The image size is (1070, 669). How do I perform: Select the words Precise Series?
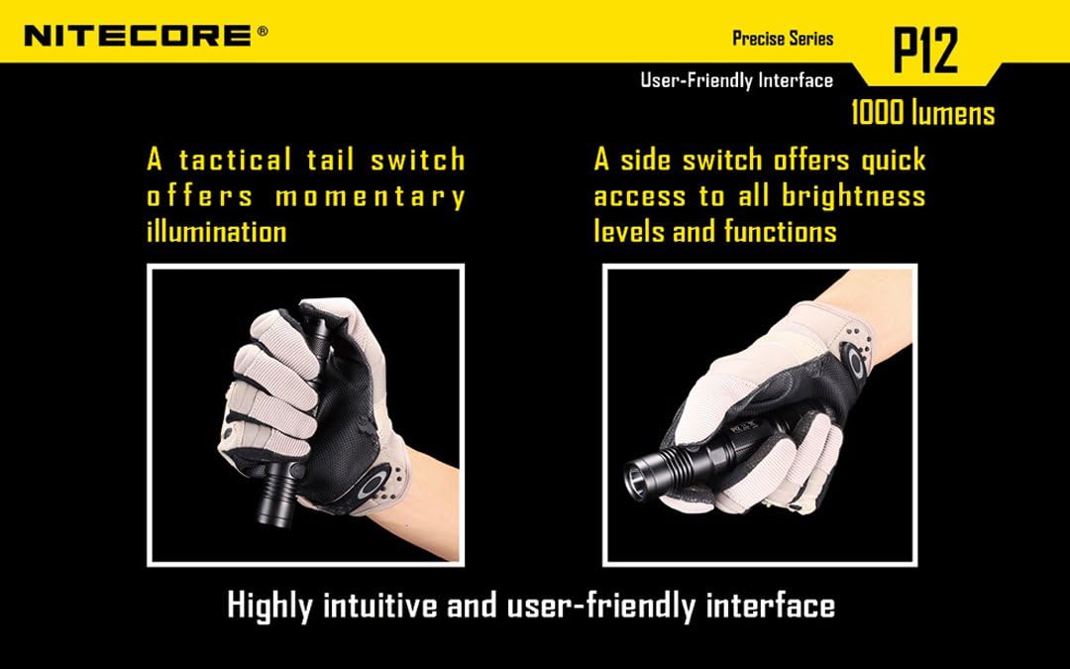tap(783, 39)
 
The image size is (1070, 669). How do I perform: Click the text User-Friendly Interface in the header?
tap(736, 80)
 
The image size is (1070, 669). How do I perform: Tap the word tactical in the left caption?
tap(236, 160)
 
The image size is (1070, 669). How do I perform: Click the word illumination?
tap(216, 232)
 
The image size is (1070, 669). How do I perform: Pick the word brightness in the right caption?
tap(853, 195)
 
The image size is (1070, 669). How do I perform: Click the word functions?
tap(780, 232)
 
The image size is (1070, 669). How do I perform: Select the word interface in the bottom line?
tap(770, 605)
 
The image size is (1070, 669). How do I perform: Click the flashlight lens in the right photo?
tap(635, 481)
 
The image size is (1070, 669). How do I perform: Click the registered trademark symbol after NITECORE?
tap(262, 31)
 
